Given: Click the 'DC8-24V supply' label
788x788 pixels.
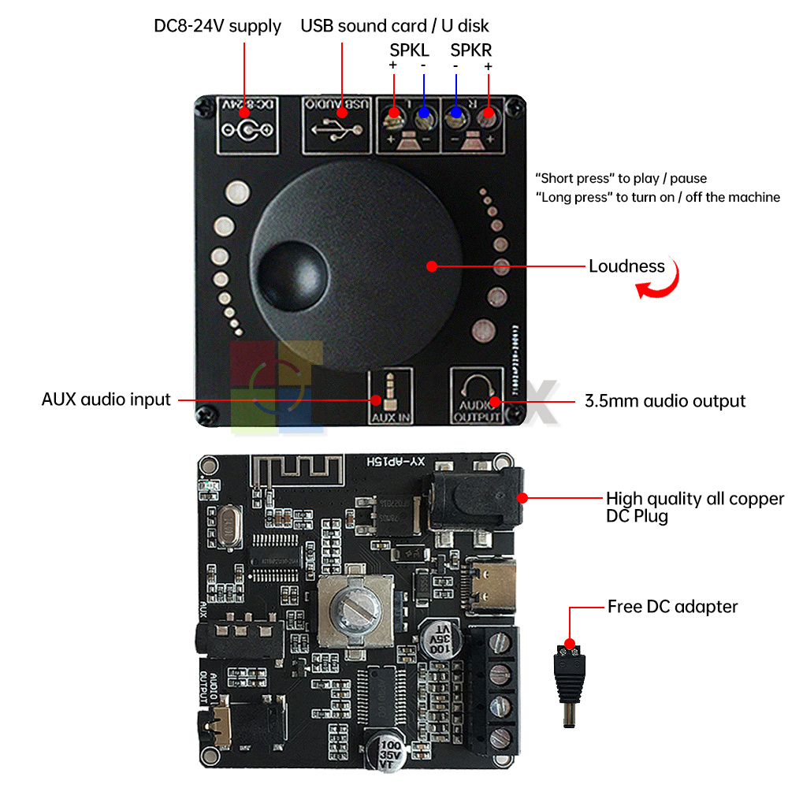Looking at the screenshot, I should click(217, 26).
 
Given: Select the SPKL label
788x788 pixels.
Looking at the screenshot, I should click(409, 50).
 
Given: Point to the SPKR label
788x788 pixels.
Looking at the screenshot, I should click(471, 50).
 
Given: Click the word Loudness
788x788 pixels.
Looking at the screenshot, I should click(626, 266).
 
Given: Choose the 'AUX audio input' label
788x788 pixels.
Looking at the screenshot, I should click(106, 400).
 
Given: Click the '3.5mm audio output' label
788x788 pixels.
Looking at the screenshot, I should click(664, 401).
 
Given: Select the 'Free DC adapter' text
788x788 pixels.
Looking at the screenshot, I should click(672, 607).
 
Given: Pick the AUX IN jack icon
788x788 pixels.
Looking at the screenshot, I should click(390, 388).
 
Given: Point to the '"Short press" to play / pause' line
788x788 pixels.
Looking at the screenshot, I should click(621, 178).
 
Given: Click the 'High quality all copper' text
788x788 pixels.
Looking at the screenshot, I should click(694, 499).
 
